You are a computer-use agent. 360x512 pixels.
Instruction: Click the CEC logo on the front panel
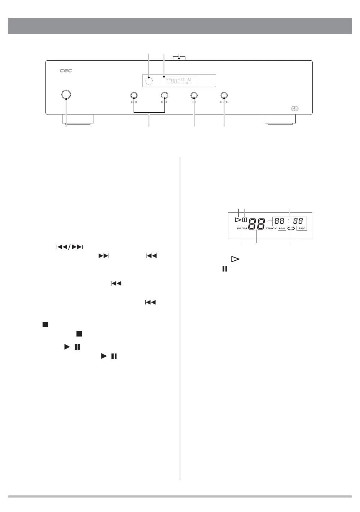click(x=66, y=71)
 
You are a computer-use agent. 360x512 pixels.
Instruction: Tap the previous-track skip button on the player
click(x=133, y=95)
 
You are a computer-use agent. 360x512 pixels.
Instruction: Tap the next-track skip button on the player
click(x=164, y=95)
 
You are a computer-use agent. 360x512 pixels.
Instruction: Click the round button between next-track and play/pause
click(x=194, y=95)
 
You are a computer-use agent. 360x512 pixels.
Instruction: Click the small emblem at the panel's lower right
click(x=294, y=108)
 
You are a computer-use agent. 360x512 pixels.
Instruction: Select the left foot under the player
click(x=78, y=120)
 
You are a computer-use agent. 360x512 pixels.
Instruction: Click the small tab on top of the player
click(x=179, y=58)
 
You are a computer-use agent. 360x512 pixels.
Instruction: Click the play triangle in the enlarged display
click(x=237, y=220)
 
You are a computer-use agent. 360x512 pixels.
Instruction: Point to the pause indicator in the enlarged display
click(x=245, y=220)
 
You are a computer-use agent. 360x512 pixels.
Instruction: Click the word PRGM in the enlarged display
click(x=242, y=229)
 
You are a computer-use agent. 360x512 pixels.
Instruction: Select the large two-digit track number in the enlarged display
click(x=257, y=225)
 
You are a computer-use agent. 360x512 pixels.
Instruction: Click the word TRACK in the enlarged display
click(x=271, y=229)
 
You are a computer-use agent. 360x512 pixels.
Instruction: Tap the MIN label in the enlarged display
click(x=282, y=229)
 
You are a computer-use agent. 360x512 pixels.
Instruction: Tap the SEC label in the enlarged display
click(x=302, y=229)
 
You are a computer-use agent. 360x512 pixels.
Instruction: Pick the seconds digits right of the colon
click(x=298, y=220)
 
